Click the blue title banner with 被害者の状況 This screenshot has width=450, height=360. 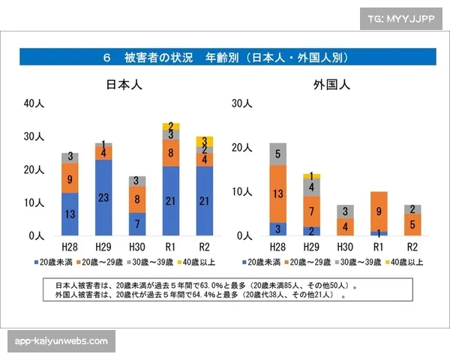pyautogui.click(x=224, y=57)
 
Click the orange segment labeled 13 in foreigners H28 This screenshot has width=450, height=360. pyautogui.click(x=278, y=193)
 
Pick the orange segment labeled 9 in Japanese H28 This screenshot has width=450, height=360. pyautogui.click(x=70, y=179)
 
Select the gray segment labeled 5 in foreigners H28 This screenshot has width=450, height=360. pyautogui.click(x=278, y=154)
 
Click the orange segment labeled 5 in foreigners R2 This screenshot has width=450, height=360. pyautogui.click(x=412, y=224)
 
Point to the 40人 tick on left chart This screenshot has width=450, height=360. pyautogui.click(x=34, y=103)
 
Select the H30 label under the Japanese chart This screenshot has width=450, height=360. pyautogui.click(x=137, y=246)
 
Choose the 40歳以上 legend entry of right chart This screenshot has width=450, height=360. pyautogui.click(x=405, y=262)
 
